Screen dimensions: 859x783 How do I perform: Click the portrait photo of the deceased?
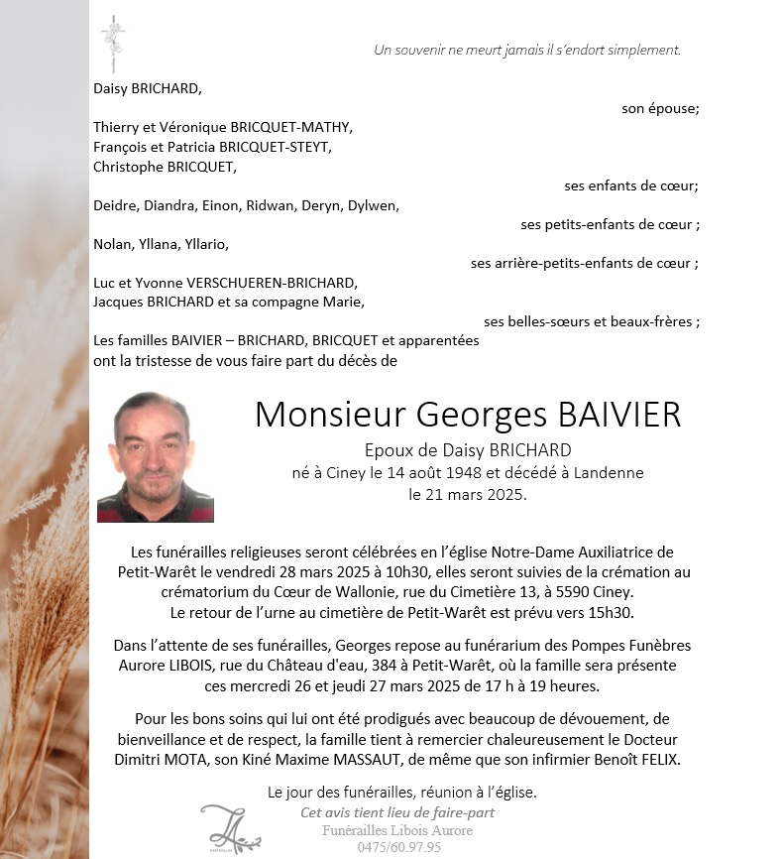coord(156,457)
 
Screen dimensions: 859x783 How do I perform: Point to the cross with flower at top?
coord(112,43)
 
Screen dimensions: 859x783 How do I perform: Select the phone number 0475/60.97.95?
coord(399,847)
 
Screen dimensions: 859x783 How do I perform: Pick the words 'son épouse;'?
coord(660,109)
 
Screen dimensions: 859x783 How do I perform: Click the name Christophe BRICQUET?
coord(165,166)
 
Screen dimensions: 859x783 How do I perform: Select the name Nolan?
coord(112,244)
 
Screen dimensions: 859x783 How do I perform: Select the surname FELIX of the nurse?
coord(659,760)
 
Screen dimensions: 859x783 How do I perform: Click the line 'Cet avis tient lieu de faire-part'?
coord(397,812)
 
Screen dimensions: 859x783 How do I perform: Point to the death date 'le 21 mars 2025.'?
coord(468,492)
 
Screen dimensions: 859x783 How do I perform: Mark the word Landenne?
coord(608,472)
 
